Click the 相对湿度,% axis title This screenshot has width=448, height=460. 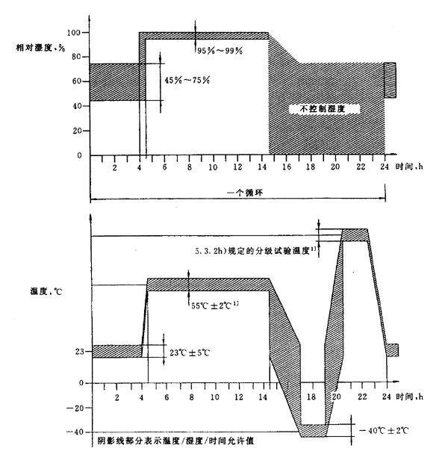coord(35,49)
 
